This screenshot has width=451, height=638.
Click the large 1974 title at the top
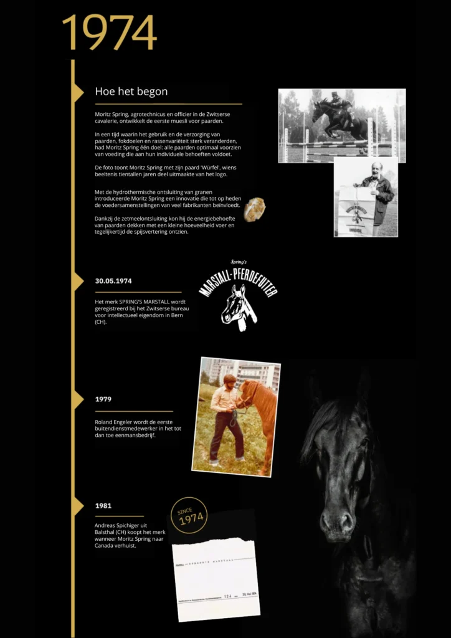[109, 32]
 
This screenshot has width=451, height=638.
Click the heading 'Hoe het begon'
[131, 92]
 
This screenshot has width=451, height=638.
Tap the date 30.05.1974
[113, 281]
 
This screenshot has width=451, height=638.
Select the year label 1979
[103, 399]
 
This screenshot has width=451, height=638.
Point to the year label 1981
[103, 506]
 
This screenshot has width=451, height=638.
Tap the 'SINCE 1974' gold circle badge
[189, 516]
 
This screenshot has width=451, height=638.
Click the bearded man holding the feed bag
[376, 187]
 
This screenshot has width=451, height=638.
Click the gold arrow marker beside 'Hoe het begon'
[78, 92]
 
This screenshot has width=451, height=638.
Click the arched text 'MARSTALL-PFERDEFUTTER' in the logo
[238, 279]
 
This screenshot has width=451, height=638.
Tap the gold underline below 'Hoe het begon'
[168, 104]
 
